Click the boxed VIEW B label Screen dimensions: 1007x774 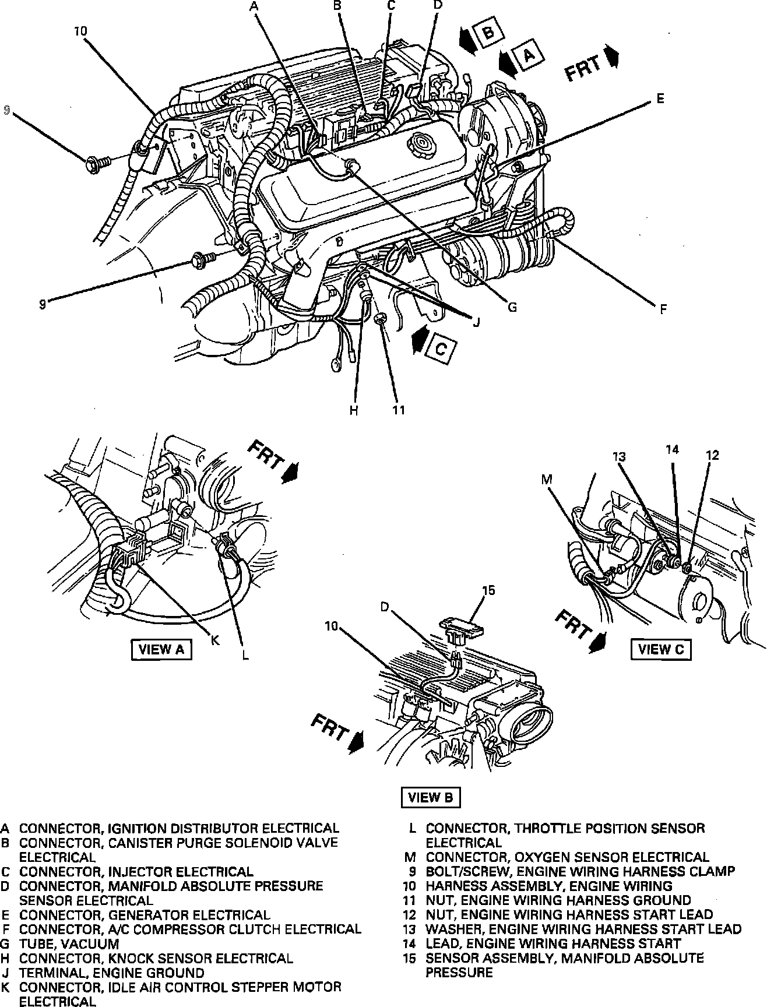431,798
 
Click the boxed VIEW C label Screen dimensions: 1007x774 661,649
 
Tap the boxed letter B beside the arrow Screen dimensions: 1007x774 488,34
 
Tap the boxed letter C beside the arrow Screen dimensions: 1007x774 441,349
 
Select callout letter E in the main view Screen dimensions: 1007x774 660,98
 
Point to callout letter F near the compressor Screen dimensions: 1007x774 663,309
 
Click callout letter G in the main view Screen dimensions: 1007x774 512,307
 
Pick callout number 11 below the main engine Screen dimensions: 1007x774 398,410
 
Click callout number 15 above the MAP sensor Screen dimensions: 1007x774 488,590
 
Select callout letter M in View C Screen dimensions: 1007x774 546,479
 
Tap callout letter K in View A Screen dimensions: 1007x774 214,639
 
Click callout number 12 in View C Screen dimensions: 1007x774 713,455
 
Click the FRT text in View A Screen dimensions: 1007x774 266,455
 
